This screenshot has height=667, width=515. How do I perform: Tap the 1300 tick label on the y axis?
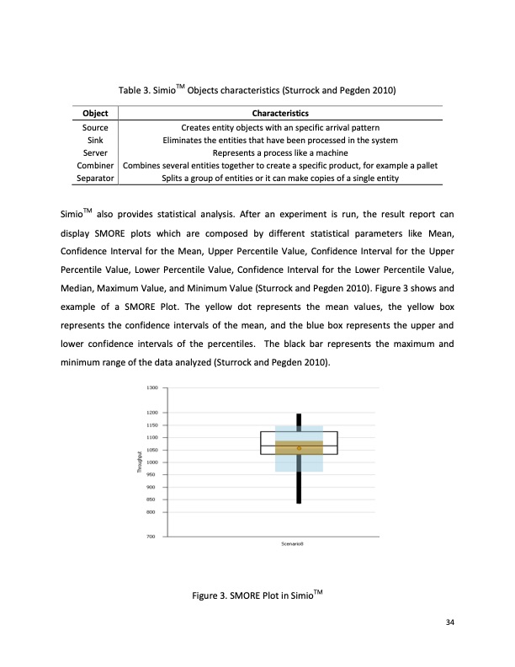point(152,388)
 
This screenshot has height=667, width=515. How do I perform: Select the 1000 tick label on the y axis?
point(152,462)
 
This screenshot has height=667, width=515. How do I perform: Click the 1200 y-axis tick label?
point(152,413)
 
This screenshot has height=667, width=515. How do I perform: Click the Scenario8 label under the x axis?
point(292,545)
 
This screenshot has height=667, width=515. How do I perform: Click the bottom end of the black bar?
point(299,502)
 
